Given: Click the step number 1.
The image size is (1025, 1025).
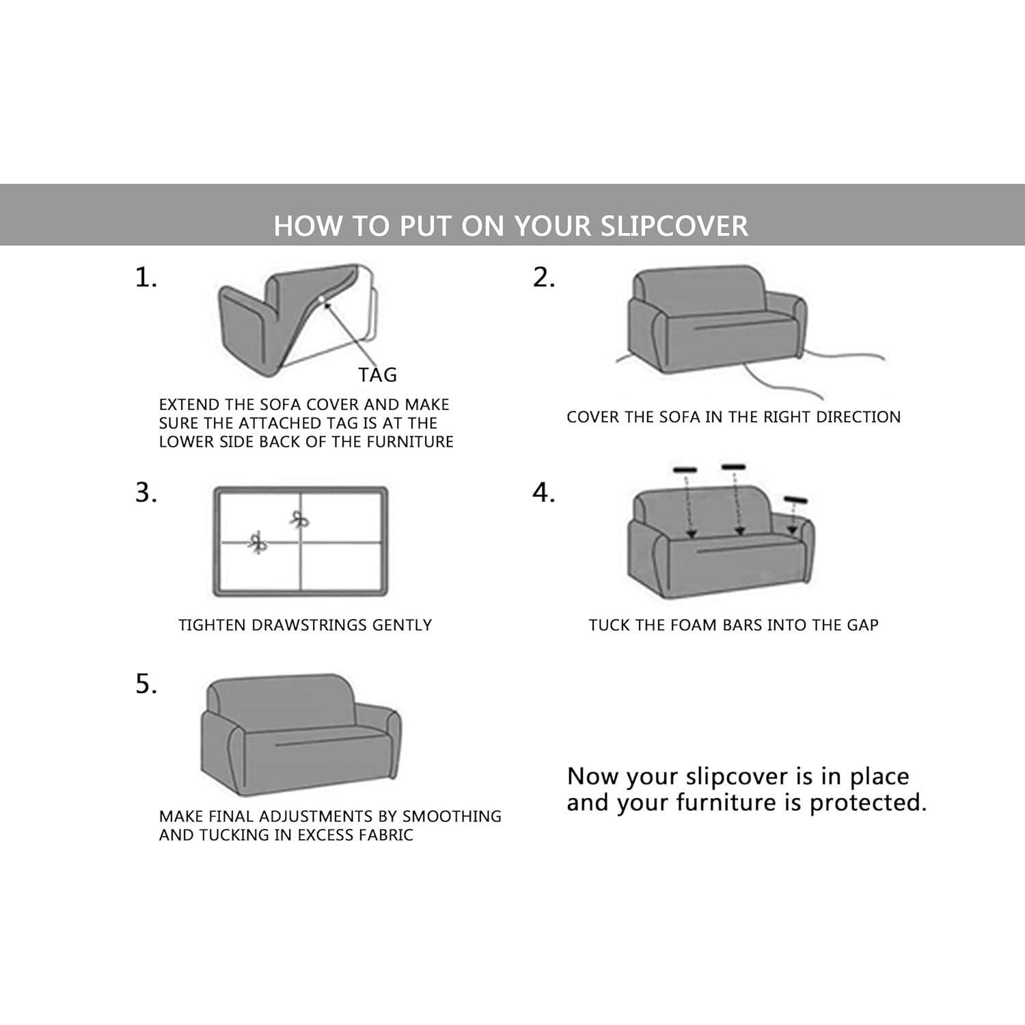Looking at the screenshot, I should (146, 278).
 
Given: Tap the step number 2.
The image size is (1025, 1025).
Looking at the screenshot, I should (544, 278).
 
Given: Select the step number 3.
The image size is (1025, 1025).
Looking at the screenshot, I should (146, 493).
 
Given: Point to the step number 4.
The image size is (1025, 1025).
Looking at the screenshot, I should (544, 493).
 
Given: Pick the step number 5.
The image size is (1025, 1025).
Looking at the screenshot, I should (146, 684).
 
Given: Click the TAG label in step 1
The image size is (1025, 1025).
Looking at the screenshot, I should (377, 375).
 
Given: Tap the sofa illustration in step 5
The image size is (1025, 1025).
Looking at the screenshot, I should (301, 735).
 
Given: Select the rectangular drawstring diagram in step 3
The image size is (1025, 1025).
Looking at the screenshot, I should (301, 542).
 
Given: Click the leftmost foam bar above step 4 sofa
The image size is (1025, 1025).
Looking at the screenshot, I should (685, 470).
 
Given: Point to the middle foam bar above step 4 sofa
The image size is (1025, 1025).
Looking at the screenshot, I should (733, 467).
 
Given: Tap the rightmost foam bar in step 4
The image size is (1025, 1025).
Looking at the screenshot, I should (795, 500).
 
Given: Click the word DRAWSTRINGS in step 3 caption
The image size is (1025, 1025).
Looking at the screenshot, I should (300, 625).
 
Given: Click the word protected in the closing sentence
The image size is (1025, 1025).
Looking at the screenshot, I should (868, 803).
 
